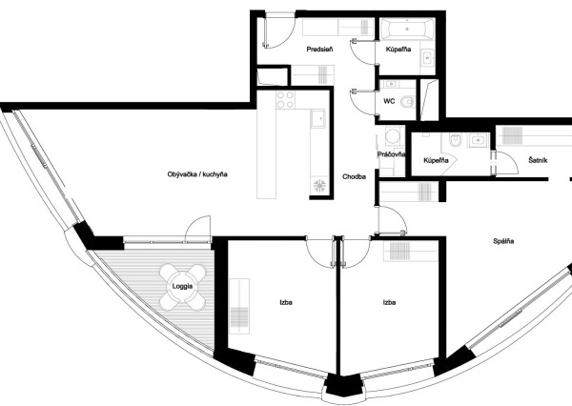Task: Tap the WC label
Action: [x=389, y=99]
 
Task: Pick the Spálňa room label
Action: [x=503, y=240]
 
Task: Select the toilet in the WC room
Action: [x=408, y=102]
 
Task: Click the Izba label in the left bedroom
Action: [x=285, y=302]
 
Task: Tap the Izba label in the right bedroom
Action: [x=389, y=302]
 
